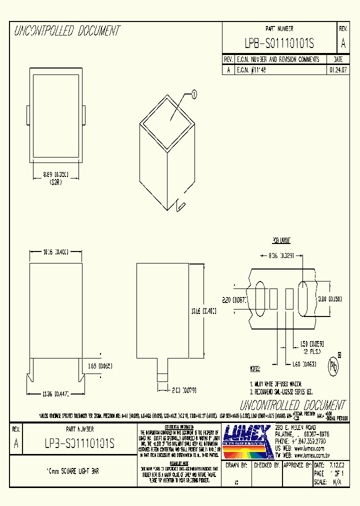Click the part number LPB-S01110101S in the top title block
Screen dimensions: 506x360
coord(279,44)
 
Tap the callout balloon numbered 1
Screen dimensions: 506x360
coord(194,93)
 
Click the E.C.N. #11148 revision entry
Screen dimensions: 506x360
coord(251,70)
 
